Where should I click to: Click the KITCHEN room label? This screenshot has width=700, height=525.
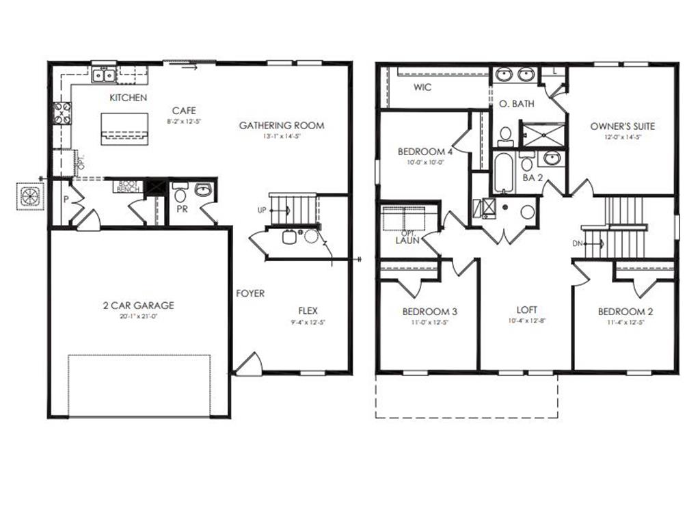pos(128,98)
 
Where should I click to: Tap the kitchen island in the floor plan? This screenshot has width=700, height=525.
pos(124,128)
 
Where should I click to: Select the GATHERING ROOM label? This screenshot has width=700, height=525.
pos(282,125)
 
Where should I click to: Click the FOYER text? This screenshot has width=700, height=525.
pos(250,293)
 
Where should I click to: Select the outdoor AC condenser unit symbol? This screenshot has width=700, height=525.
pos(31,196)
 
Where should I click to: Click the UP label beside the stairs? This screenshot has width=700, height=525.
pos(261,211)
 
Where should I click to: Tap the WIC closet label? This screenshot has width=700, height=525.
pos(422,87)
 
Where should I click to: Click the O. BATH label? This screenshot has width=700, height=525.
pos(517,104)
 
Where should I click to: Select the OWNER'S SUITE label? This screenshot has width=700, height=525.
pos(622,126)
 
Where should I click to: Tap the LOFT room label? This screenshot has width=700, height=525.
pos(526,309)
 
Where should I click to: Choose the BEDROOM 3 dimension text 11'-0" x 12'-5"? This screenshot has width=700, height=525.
pos(429,322)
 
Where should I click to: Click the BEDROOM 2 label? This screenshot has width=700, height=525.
pos(625,312)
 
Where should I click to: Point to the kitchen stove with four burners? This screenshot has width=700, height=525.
pos(62,113)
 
